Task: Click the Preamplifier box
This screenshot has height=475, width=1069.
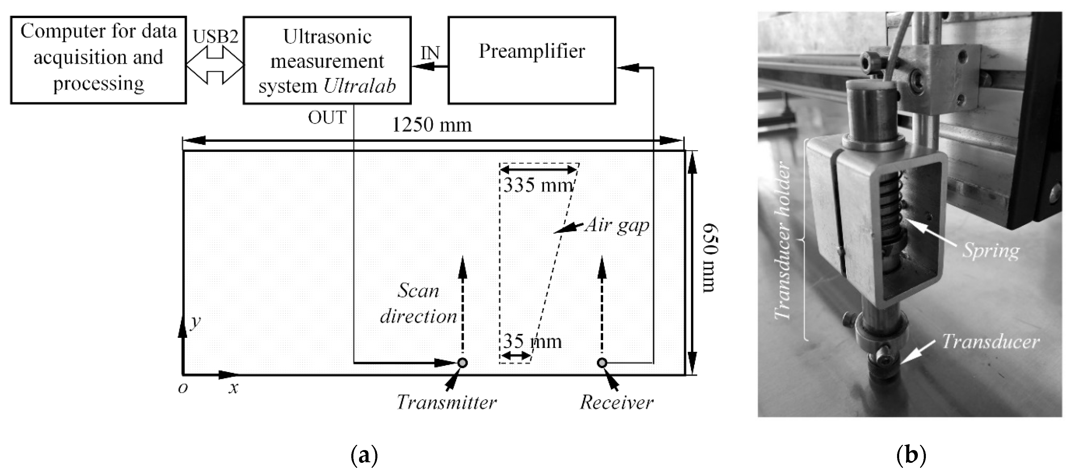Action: coord(532,60)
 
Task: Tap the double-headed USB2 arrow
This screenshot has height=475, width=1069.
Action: coord(215,65)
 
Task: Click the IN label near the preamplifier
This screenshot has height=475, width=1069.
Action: coord(430,53)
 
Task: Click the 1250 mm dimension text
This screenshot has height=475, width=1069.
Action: coord(431,125)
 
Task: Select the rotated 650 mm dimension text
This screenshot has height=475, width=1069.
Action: coord(711,258)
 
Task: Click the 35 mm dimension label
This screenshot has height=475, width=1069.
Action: coord(532,342)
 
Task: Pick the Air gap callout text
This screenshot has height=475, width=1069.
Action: coord(617,225)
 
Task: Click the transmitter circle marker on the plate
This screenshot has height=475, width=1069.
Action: coord(462,363)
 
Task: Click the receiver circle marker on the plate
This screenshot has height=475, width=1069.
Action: coord(602,363)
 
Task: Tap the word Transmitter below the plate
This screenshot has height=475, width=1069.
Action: coord(447,402)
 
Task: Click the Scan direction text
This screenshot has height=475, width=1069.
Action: coord(418,303)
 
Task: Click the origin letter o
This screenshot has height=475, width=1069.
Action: coord(183,388)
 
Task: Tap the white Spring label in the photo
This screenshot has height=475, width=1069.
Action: coord(991,251)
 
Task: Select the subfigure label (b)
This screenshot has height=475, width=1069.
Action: coord(911,455)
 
